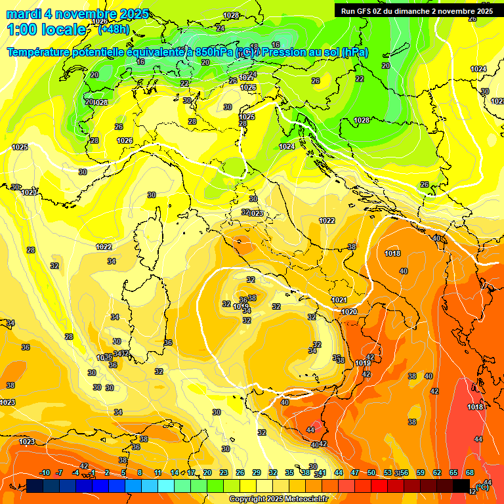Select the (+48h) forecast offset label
tap(114, 30)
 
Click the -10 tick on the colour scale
tap(45, 472)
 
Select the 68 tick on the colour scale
tap(470, 472)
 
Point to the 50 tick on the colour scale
tap(371, 472)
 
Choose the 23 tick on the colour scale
tap(224, 472)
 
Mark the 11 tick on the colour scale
tap(157, 472)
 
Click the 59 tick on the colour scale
tap(421, 472)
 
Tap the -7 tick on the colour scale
tap(59, 472)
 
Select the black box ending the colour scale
tap(461, 486)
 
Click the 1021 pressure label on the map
tap(339, 300)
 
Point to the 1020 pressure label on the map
tap(349, 312)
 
